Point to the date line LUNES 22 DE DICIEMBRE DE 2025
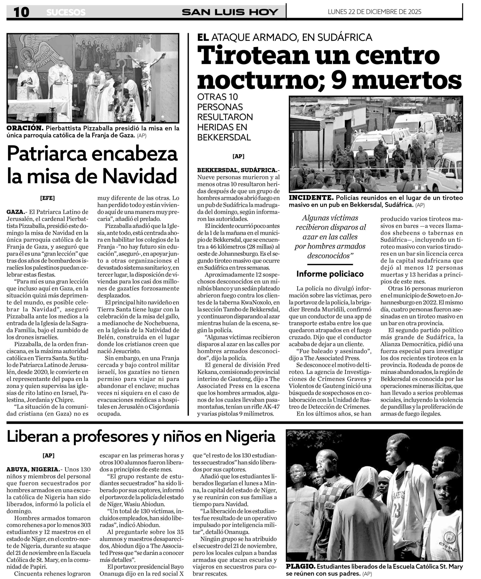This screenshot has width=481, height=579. point(374,12)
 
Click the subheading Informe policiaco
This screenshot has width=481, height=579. point(330,274)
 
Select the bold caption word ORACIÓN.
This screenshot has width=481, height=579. point(25,128)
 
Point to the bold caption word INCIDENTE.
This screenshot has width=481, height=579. point(311,198)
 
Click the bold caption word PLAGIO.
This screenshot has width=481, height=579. point(301,567)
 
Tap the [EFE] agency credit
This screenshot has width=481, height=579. point(47,198)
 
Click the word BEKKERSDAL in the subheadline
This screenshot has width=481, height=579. point(224,137)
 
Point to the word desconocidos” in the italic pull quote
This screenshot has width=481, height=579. point(330,256)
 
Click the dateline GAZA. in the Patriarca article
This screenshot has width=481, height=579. point(15,212)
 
